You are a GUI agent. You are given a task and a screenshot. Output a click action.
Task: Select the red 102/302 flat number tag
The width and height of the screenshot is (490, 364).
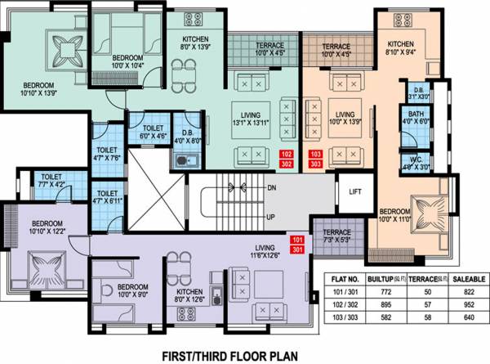286,158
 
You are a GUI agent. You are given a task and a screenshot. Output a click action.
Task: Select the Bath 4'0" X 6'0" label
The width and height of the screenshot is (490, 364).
416,118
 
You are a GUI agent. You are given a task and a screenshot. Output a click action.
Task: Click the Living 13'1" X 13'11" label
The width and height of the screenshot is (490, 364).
250,120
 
